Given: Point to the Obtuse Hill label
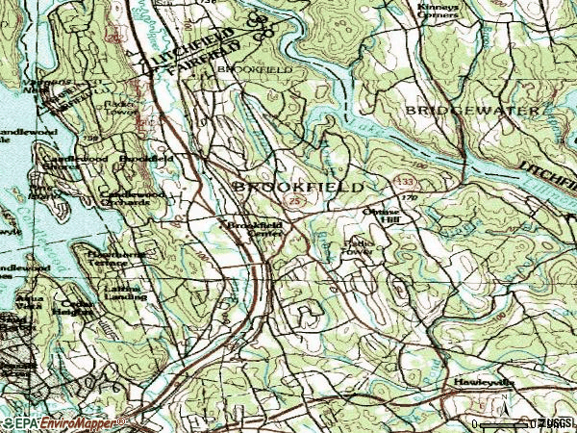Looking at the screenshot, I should pos(379,214).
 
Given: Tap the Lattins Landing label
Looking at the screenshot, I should pos(124,291).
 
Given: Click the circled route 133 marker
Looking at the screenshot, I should pos(409,183).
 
